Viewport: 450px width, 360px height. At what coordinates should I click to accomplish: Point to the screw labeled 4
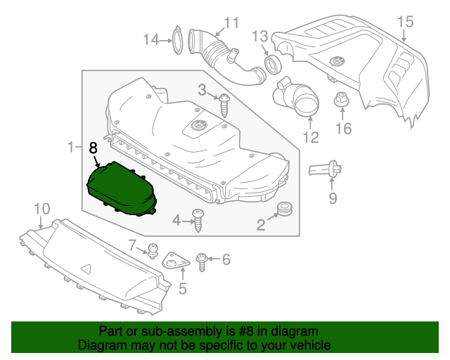(x=199, y=221)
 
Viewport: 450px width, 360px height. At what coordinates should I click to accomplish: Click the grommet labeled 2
(x=285, y=209)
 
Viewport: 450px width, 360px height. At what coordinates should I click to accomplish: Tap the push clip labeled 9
(x=327, y=169)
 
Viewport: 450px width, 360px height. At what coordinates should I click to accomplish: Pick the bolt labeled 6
(x=202, y=261)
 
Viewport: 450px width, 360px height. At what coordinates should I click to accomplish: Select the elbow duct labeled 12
(x=298, y=98)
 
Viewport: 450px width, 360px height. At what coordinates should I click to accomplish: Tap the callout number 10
(x=41, y=208)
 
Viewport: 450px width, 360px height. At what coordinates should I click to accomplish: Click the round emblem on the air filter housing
(x=195, y=126)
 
